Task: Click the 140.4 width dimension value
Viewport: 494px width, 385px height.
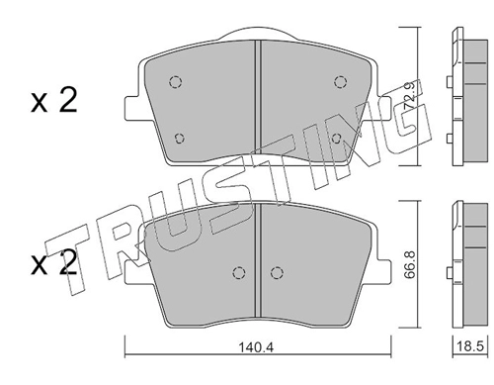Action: pyautogui.click(x=256, y=346)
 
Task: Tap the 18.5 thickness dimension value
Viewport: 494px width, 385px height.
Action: pyautogui.click(x=470, y=346)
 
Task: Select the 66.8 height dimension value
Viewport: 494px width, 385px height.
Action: pyautogui.click(x=409, y=265)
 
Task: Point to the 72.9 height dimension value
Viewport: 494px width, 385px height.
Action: pyautogui.click(x=410, y=96)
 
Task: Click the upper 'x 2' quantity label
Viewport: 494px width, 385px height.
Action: pyautogui.click(x=54, y=100)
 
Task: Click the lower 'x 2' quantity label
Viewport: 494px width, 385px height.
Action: pyautogui.click(x=54, y=262)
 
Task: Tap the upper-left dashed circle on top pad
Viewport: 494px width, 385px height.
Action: pyautogui.click(x=176, y=81)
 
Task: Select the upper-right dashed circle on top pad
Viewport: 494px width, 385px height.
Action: pyautogui.click(x=340, y=81)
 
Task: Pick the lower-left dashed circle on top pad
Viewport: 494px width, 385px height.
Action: pyautogui.click(x=179, y=139)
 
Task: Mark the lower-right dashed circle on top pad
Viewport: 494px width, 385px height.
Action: pyautogui.click(x=336, y=139)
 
